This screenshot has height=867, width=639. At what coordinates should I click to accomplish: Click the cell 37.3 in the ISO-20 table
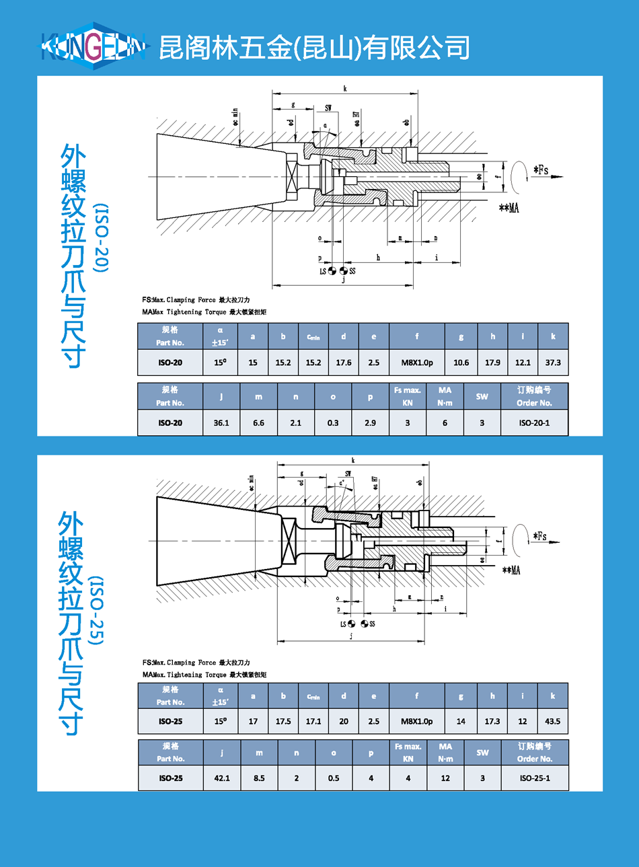pyautogui.click(x=553, y=363)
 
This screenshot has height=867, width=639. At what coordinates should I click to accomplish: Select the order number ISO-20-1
pyautogui.click(x=534, y=423)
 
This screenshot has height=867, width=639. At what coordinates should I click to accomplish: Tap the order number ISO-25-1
pyautogui.click(x=535, y=778)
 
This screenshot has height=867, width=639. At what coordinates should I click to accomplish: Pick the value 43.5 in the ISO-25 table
pyautogui.click(x=552, y=721)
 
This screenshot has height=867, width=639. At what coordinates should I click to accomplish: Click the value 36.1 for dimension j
pyautogui.click(x=221, y=423)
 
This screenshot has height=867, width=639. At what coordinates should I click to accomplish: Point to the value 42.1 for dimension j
pyautogui.click(x=222, y=778)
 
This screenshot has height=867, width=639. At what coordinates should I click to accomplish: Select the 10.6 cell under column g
pyautogui.click(x=461, y=363)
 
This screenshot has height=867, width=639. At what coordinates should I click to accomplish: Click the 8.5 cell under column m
pyautogui.click(x=259, y=778)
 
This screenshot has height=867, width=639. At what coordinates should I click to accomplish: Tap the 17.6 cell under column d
pyautogui.click(x=343, y=363)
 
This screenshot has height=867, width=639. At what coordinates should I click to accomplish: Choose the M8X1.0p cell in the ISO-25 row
pyautogui.click(x=417, y=721)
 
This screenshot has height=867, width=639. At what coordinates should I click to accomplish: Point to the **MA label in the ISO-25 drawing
pyautogui.click(x=511, y=570)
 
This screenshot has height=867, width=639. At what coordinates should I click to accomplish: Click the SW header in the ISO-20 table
pyautogui.click(x=482, y=396)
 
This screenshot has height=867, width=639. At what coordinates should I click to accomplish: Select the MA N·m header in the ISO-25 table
pyautogui.click(x=445, y=752)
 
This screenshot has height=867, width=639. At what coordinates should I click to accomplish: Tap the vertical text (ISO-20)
pyautogui.click(x=100, y=238)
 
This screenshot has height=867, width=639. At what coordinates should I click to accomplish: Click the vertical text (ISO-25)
pyautogui.click(x=97, y=611)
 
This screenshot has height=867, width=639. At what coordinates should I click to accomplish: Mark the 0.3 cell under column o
pyautogui.click(x=333, y=423)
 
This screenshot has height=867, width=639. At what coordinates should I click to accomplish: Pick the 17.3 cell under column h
pyautogui.click(x=492, y=721)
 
